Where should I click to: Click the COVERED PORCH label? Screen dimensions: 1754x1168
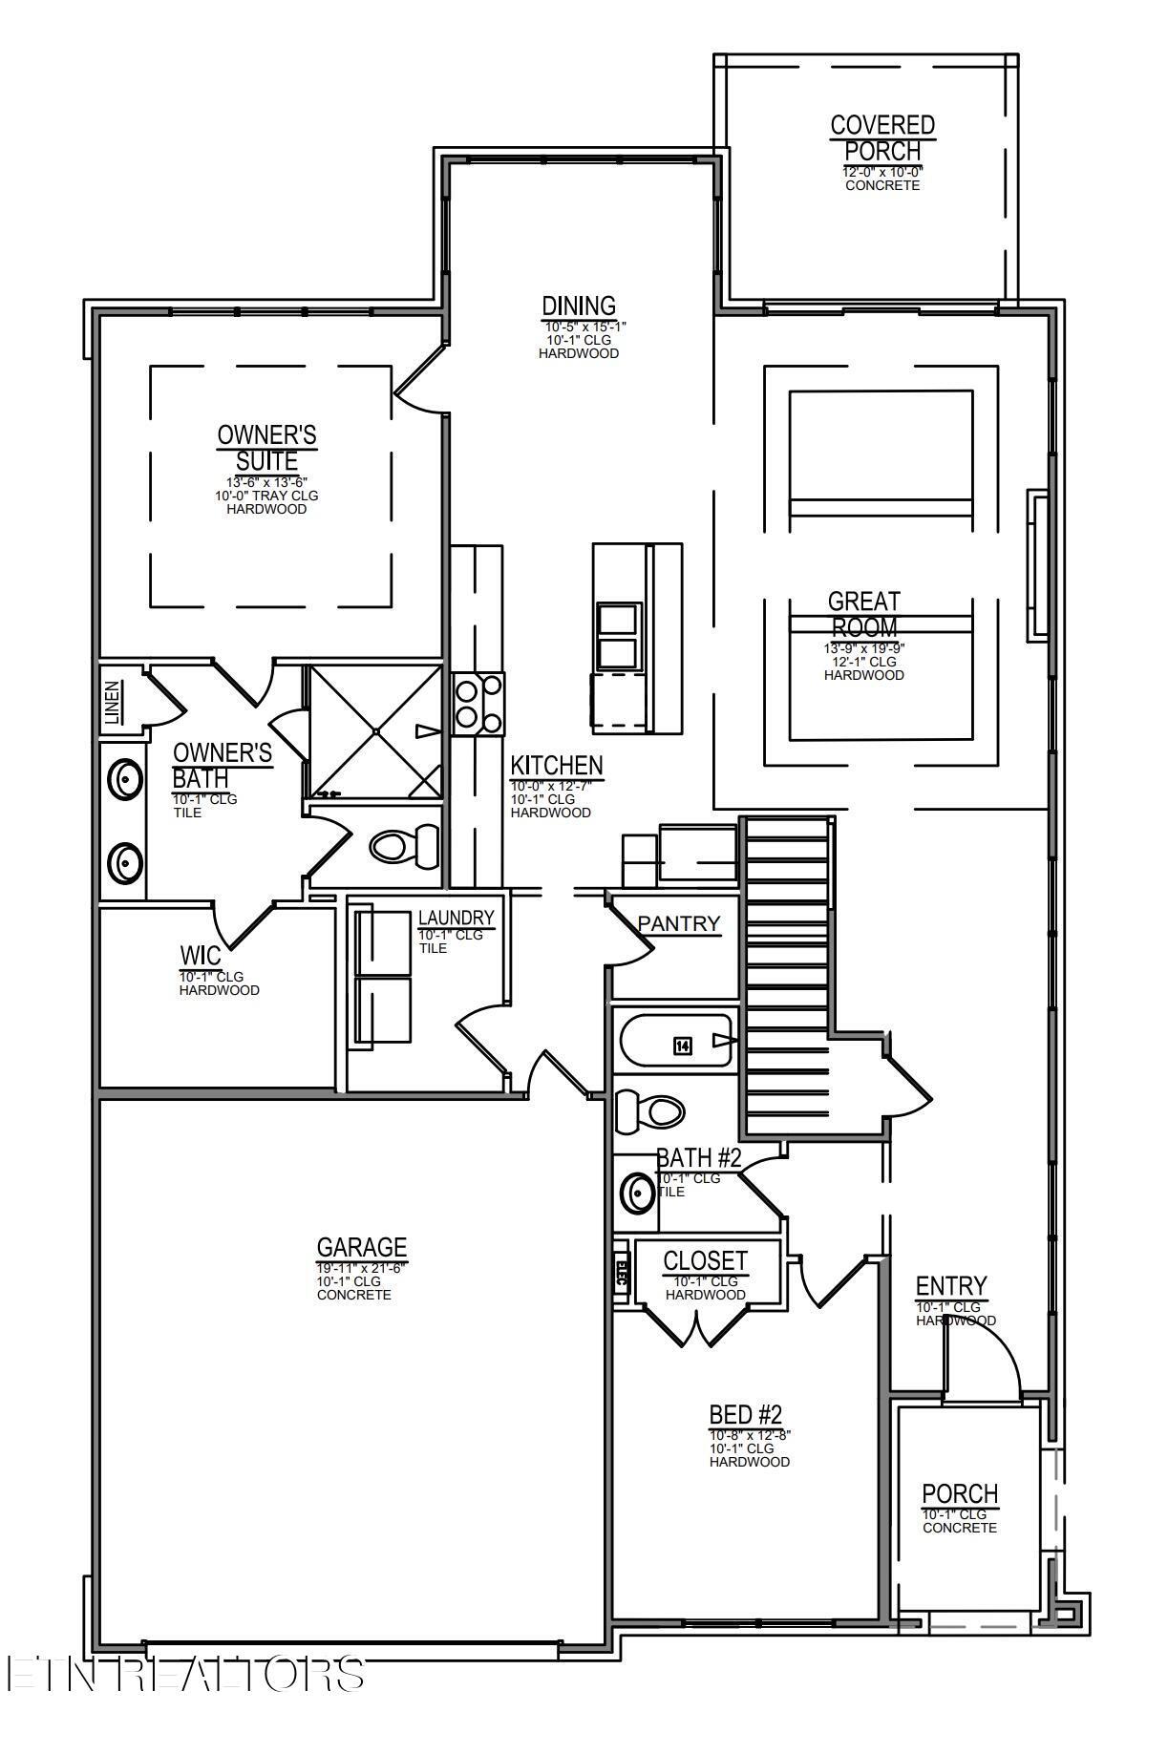(881, 138)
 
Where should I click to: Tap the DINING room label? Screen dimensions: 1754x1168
(579, 306)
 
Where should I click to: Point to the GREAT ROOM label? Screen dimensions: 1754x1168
(863, 614)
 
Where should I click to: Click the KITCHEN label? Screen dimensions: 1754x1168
(557, 766)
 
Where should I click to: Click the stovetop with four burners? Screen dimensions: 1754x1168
(478, 704)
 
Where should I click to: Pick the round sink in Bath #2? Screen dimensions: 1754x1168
(636, 1192)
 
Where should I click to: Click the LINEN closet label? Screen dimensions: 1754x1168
(113, 702)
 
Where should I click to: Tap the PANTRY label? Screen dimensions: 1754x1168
(678, 923)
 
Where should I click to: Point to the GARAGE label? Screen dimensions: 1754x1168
(362, 1247)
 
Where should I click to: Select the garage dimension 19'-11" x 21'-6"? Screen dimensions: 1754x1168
(361, 1267)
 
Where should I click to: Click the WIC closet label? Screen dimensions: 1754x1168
(200, 956)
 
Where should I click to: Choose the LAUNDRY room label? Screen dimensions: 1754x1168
(457, 918)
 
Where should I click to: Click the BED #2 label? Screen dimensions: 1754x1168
(746, 1414)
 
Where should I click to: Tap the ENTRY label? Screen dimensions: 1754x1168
(950, 1286)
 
